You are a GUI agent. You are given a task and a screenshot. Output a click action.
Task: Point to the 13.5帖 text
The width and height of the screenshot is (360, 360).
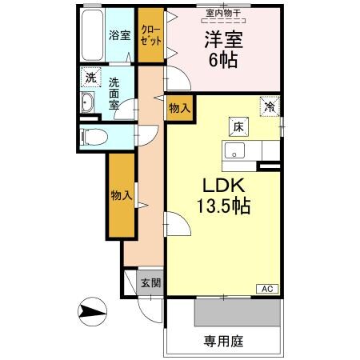pyautogui.click(x=223, y=206)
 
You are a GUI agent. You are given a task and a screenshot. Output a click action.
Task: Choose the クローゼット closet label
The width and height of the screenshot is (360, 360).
pyautogui.click(x=149, y=35)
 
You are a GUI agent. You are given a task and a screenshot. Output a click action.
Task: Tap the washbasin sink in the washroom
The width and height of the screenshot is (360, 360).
pyautogui.click(x=89, y=103)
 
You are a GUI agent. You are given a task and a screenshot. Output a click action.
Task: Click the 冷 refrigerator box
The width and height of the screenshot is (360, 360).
pyautogui.click(x=270, y=105)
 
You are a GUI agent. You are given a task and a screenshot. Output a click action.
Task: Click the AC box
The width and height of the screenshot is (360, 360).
pyautogui.click(x=267, y=289)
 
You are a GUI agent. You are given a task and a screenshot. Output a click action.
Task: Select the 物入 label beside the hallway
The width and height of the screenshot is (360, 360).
pyautogui.click(x=121, y=195)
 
